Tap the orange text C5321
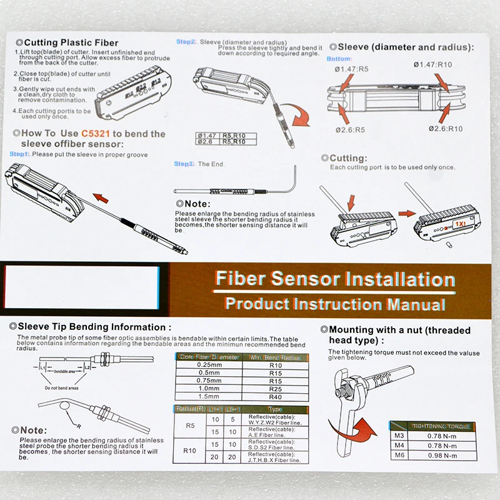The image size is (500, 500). [96, 133]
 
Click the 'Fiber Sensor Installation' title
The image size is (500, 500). [334, 279]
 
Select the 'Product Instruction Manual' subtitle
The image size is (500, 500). [335, 304]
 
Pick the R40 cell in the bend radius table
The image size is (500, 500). [275, 396]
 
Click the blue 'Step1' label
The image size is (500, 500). [19, 154]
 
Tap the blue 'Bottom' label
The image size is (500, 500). [339, 59]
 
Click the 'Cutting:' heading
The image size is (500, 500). [347, 159]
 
